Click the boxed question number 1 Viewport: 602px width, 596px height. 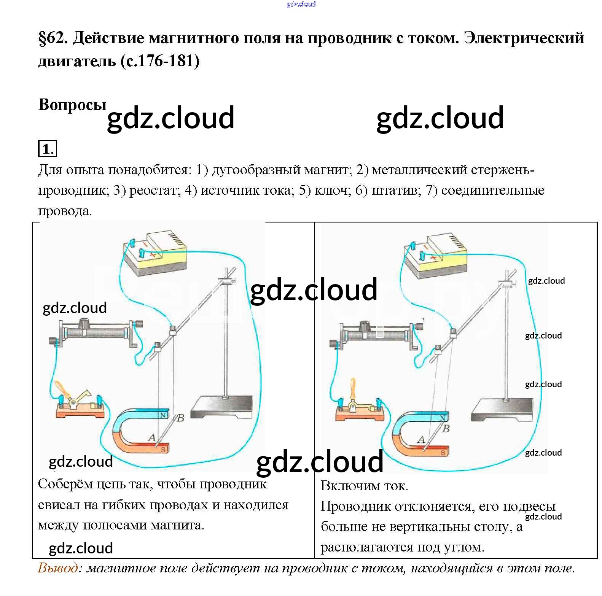click(x=47, y=148)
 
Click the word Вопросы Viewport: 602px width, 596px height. click(x=72, y=105)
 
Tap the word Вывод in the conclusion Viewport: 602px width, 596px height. click(x=58, y=568)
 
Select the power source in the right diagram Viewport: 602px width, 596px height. click(x=435, y=256)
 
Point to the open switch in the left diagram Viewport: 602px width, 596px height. click(x=80, y=405)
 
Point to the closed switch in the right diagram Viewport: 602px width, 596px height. click(x=360, y=408)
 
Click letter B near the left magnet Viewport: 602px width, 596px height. click(x=180, y=418)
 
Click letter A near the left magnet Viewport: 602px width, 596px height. click(x=152, y=438)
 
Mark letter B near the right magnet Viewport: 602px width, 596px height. click(x=446, y=429)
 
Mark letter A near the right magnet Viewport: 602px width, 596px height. click(x=421, y=440)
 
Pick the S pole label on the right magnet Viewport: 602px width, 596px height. click(x=443, y=452)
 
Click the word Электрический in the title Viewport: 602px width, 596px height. click(x=524, y=38)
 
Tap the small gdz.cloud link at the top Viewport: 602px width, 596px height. click(x=301, y=4)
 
